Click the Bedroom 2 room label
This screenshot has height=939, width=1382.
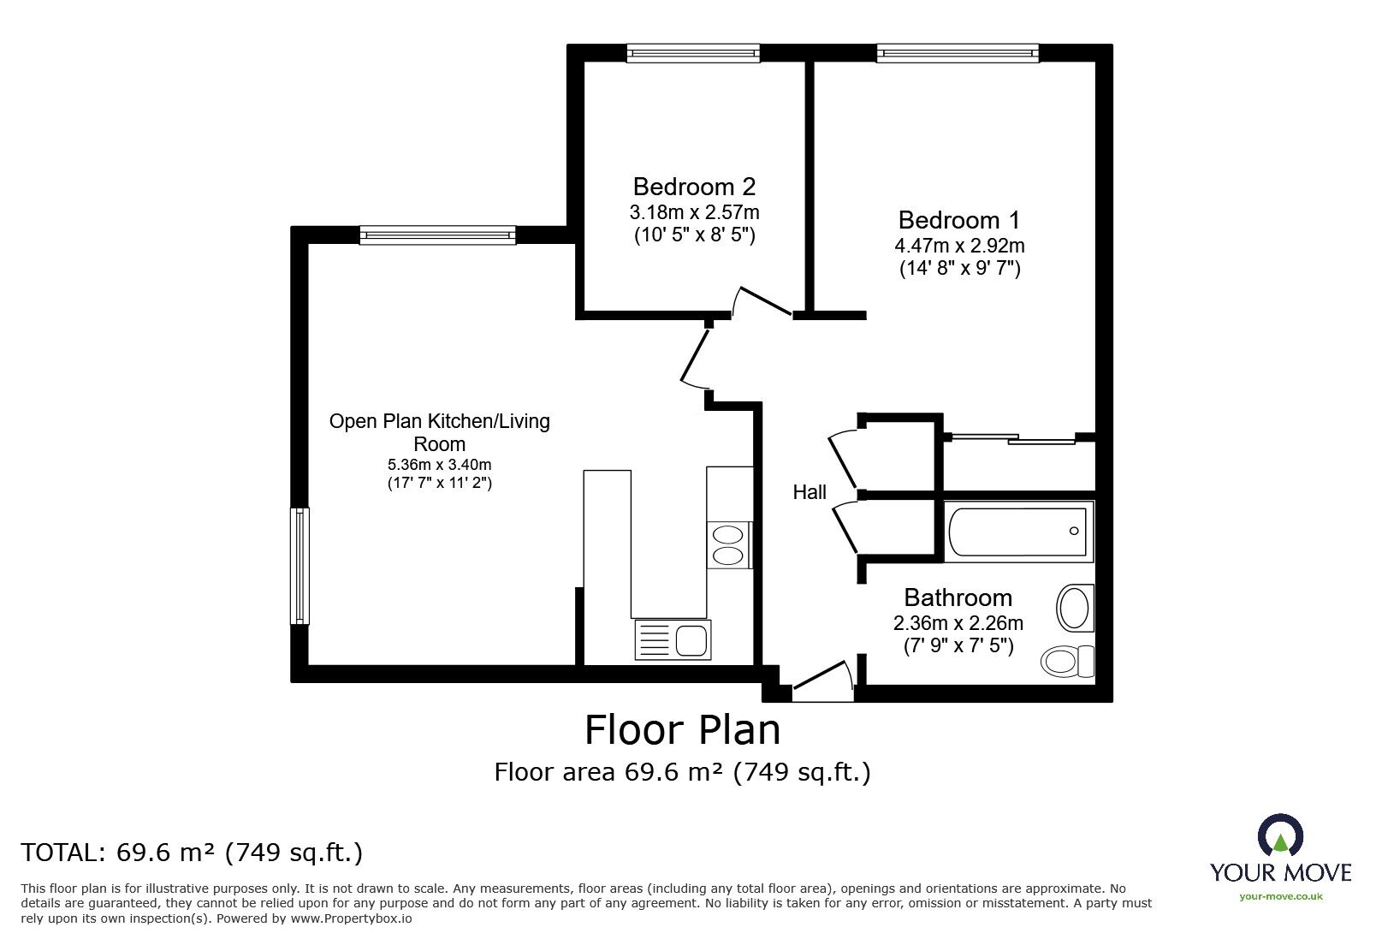[x=694, y=187]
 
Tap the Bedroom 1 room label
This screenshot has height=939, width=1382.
[x=958, y=221]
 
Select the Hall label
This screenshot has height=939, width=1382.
[x=809, y=492]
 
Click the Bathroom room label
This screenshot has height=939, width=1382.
[x=958, y=597]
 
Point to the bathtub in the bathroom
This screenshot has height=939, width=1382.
[x=1018, y=532]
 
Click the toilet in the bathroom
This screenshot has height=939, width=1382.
[x=1067, y=660]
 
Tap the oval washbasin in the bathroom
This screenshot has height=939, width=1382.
[x=1074, y=609]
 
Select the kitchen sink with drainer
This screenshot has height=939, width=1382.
[x=672, y=640]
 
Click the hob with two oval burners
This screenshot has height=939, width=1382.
[x=729, y=545]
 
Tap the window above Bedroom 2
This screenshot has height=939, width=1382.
[x=693, y=54]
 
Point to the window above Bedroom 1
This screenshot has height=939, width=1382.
[x=958, y=54]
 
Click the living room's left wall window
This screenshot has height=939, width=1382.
[x=300, y=566]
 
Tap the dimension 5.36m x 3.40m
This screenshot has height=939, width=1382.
[x=439, y=465]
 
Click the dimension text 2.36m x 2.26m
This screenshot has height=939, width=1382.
[x=958, y=623]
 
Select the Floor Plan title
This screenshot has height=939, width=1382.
[x=682, y=730]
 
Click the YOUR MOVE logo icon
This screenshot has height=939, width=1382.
[x=1279, y=837]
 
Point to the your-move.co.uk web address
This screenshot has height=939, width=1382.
[x=1280, y=896]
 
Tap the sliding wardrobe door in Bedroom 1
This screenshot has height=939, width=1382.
[x=1014, y=439]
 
